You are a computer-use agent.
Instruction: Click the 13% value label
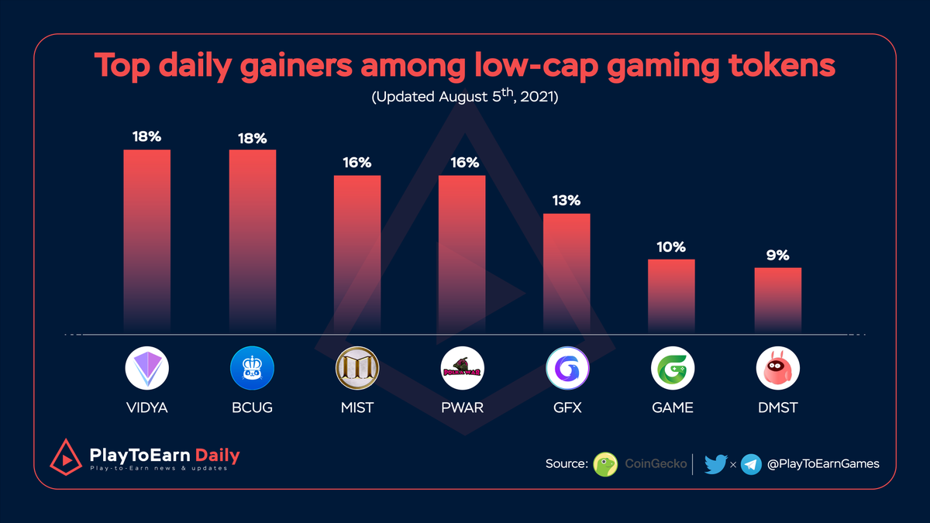tap(567, 201)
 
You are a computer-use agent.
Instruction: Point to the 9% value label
tap(777, 255)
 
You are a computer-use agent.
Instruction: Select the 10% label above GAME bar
tap(671, 247)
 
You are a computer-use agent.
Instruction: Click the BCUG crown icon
tap(252, 368)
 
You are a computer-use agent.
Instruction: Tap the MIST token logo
tap(356, 368)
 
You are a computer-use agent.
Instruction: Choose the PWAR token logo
tap(462, 368)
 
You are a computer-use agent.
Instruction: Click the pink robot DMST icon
tap(777, 368)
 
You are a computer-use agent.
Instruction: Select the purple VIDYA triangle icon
tap(146, 368)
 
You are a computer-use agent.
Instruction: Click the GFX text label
tap(567, 408)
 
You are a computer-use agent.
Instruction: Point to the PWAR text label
tap(462, 408)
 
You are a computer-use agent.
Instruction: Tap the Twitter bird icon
tap(715, 464)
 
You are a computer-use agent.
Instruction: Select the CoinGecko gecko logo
tap(605, 464)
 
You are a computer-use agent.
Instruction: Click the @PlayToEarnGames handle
tap(822, 464)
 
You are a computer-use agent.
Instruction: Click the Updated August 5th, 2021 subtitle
tap(464, 98)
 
